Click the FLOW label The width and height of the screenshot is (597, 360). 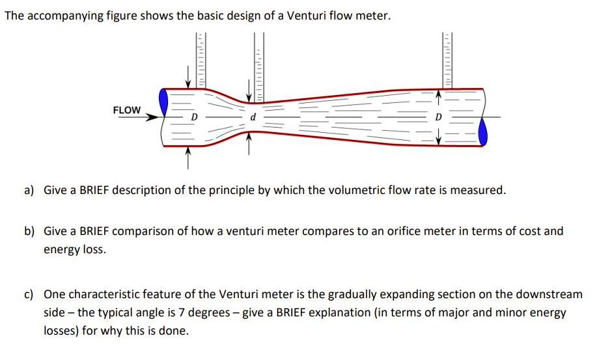click(x=127, y=110)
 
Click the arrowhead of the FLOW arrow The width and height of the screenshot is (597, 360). click(x=153, y=117)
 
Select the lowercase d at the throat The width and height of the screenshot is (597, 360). click(x=253, y=117)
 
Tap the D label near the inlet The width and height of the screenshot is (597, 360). click(x=194, y=117)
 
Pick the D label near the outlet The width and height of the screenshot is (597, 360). click(x=438, y=117)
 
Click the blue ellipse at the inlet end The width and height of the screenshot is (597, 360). click(x=163, y=102)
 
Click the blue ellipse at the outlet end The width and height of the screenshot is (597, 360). click(x=483, y=132)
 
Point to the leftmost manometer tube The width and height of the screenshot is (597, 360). click(x=201, y=61)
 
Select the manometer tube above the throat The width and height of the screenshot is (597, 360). click(x=258, y=67)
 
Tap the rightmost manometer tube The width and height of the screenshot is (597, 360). click(x=447, y=61)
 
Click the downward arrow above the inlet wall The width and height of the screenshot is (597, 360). click(x=187, y=76)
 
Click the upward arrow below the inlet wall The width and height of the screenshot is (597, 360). click(x=187, y=158)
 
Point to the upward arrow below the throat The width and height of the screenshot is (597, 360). click(x=249, y=143)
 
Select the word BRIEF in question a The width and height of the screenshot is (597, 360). click(x=94, y=190)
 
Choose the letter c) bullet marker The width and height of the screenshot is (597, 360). click(x=29, y=295)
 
